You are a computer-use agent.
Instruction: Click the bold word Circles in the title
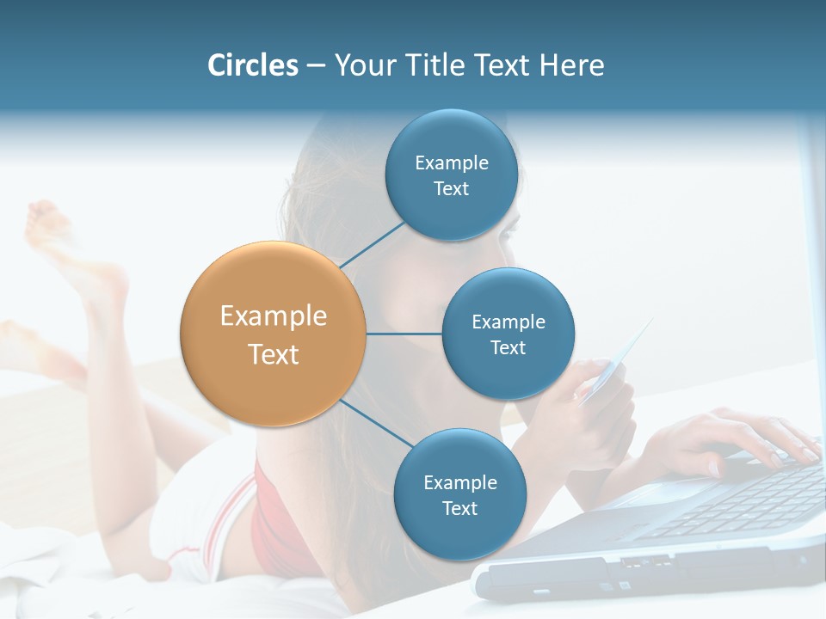(x=252, y=65)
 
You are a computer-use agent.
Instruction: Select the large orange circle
(x=273, y=334)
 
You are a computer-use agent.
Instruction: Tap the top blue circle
(x=451, y=175)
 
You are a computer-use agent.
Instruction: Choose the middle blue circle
(x=508, y=334)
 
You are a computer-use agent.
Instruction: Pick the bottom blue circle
(x=459, y=494)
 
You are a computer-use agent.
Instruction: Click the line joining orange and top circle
(x=372, y=245)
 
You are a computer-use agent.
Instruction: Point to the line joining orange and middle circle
(x=404, y=334)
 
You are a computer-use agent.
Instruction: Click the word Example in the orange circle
(x=273, y=316)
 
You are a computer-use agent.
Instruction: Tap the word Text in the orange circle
(x=273, y=354)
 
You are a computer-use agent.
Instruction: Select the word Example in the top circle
(x=451, y=162)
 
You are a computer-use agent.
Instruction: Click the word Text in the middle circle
(x=508, y=347)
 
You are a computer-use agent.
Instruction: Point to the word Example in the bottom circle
(x=459, y=482)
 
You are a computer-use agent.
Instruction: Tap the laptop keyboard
(x=740, y=503)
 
